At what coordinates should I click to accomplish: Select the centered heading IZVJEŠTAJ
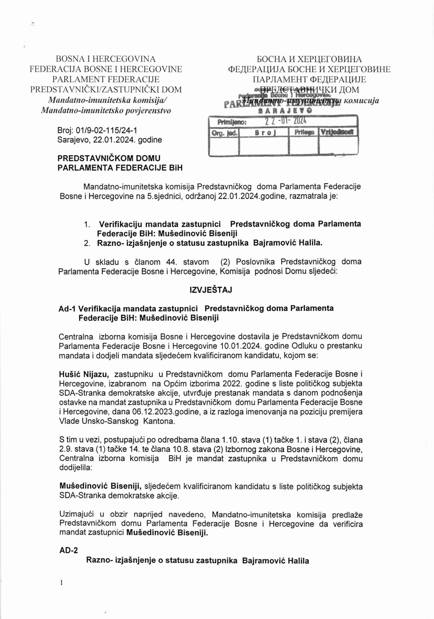click(x=210, y=290)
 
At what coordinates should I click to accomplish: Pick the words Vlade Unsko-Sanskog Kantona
click(x=117, y=421)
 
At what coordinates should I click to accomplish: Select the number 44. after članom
click(x=169, y=262)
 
